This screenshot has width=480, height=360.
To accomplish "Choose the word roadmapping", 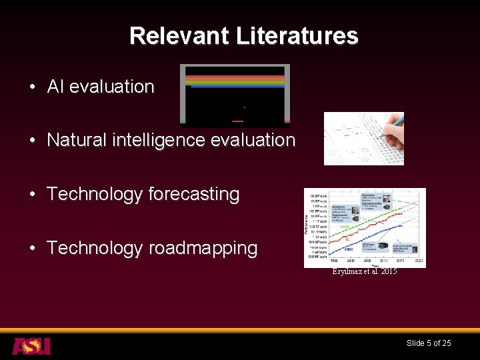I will coord(203,248).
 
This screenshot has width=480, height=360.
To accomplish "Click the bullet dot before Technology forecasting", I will coord(32,195).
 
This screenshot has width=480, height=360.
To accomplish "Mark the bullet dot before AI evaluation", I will coord(32,87).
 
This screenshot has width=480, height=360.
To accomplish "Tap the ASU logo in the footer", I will coord(31,345).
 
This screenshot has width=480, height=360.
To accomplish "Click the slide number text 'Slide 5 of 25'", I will coord(429,343).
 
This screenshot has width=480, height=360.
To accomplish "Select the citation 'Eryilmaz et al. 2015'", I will coord(364,271).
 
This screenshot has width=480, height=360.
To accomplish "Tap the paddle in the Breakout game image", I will coord(237,121).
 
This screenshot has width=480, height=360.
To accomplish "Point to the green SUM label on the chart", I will coord(345,227).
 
